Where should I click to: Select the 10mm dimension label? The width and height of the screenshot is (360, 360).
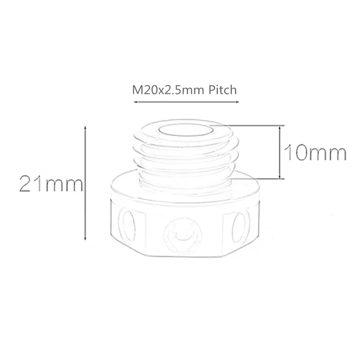click(315, 153)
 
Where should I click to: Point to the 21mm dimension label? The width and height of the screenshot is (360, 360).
click(51, 184)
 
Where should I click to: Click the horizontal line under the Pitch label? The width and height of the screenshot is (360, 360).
click(185, 102)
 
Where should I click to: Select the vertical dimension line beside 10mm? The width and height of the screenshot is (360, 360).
click(280, 152)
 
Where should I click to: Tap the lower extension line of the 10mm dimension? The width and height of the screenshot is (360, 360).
click(257, 178)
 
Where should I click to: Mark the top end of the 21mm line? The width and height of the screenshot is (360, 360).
click(85, 127)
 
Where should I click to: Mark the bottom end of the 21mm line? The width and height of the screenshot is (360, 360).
click(85, 239)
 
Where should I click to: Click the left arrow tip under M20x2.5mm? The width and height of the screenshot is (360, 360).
click(135, 102)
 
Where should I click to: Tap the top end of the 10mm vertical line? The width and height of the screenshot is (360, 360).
click(280, 126)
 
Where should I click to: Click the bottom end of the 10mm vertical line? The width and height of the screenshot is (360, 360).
click(280, 178)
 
